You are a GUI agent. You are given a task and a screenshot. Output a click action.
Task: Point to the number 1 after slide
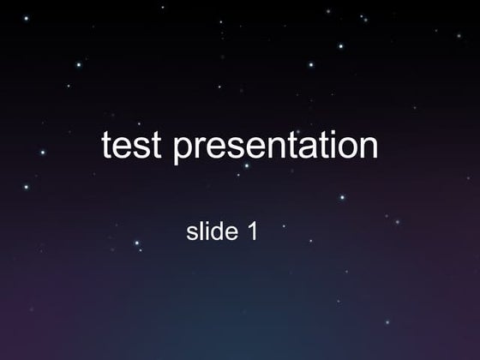252,231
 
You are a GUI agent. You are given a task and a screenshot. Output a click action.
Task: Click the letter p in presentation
182,149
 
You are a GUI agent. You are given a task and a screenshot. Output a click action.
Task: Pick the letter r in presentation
196,147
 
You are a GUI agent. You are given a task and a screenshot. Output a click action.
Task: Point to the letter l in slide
201,231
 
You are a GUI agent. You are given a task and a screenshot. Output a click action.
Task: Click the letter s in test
141,147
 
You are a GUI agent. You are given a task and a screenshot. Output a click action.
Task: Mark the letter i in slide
206,231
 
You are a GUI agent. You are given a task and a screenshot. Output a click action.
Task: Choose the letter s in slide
192,232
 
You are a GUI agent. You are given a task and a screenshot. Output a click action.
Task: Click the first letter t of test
107,146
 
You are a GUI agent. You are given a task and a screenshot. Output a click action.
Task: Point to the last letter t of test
155,146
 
